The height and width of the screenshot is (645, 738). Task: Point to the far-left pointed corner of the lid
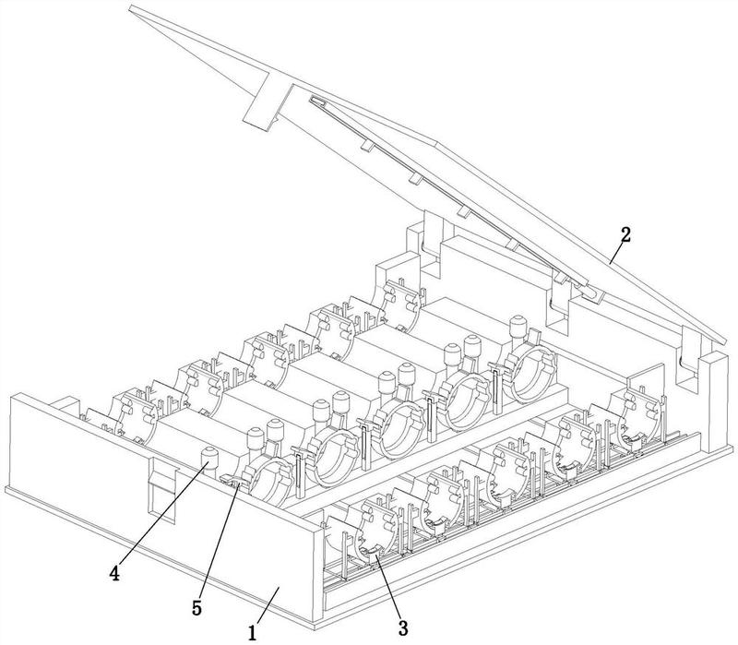click(x=131, y=9)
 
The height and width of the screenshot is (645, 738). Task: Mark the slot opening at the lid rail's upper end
click(x=318, y=101)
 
